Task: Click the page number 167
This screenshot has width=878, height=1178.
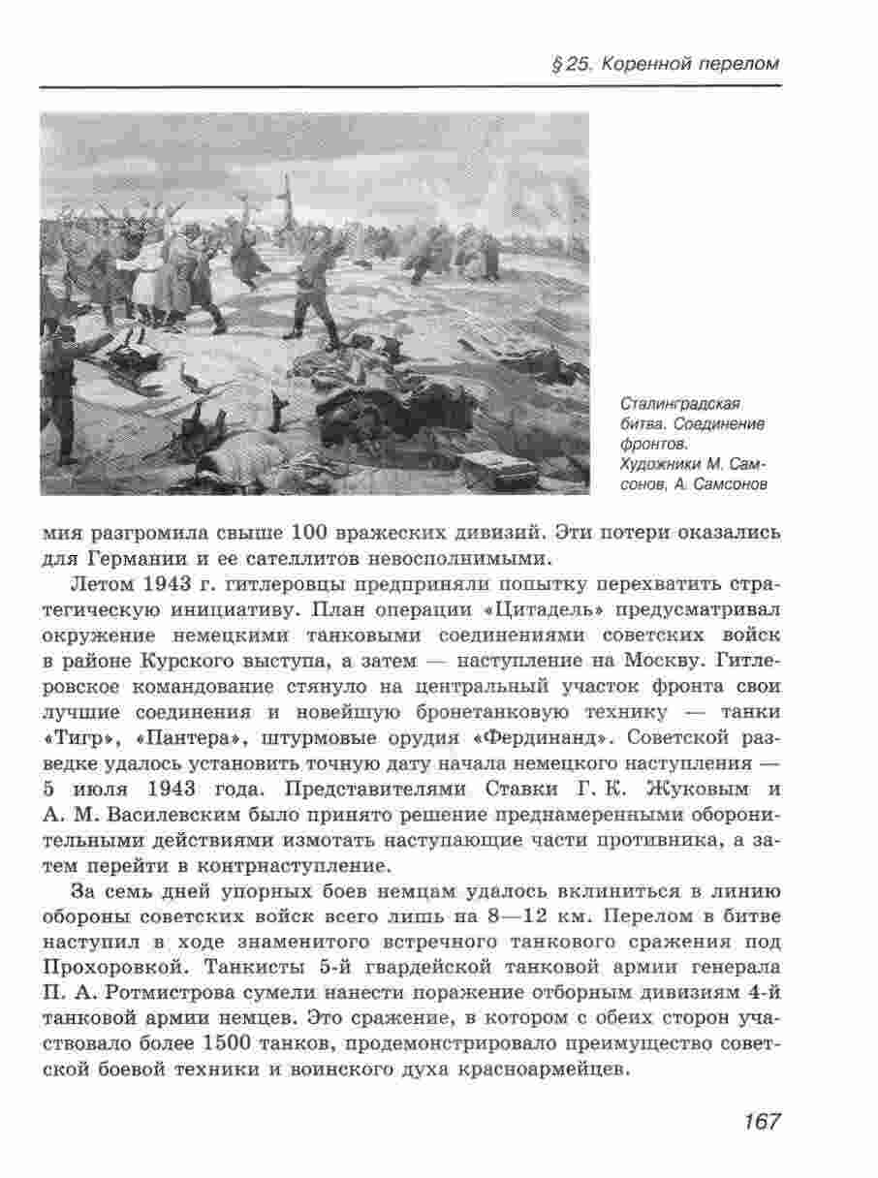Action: click(x=762, y=1122)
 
